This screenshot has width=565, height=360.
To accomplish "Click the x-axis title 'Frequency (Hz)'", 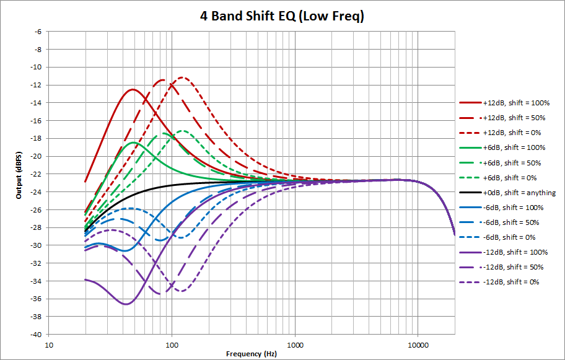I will (252, 353).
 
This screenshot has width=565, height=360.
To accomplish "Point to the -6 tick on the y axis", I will (40, 32).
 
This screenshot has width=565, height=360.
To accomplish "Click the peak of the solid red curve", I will (132, 89).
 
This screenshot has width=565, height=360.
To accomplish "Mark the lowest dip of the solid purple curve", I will (126, 304).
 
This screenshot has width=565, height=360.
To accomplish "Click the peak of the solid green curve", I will (133, 143).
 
